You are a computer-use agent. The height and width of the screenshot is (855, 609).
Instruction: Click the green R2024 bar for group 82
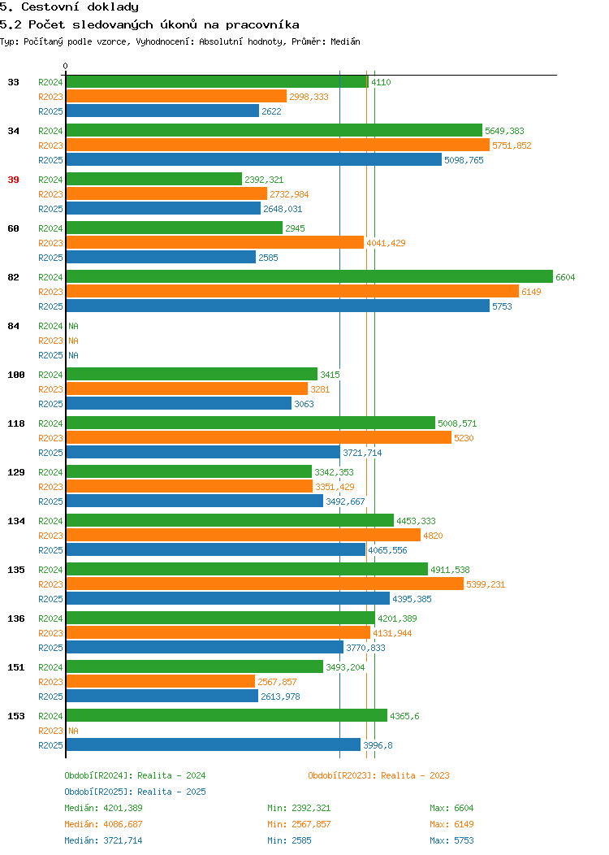pos(309,276)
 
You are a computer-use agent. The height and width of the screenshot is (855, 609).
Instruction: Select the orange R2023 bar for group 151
pos(161,681)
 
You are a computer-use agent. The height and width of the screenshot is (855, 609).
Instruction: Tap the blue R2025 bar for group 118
pos(203,452)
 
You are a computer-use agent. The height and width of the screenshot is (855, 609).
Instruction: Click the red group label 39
pos(14,180)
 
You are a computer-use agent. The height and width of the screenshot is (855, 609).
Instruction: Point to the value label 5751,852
pos(512,145)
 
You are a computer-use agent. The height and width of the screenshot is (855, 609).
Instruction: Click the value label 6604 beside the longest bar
pos(565,277)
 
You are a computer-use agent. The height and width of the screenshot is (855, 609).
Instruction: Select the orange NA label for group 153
pos(74,731)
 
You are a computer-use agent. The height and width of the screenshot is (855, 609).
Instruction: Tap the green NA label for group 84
pos(74,326)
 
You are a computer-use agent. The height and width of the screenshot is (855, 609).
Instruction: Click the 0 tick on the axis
pos(66,66)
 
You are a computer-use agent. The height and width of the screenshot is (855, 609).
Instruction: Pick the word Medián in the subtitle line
pos(345,41)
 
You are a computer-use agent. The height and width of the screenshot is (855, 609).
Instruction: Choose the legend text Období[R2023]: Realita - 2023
pos(378,775)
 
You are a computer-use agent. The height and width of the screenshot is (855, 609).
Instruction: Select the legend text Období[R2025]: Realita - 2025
pos(135,792)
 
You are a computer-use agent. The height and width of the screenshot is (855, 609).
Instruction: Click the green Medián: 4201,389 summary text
pos(103,808)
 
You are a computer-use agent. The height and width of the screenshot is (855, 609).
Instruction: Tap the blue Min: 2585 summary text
pos(289,840)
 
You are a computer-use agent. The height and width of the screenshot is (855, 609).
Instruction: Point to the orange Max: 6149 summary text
pos(451,824)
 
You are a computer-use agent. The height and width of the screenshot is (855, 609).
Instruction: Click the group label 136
pos(16,618)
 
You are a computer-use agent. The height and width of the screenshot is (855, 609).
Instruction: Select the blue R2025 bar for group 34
pos(254,159)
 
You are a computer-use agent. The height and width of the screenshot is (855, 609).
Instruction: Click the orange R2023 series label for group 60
pos(50,243)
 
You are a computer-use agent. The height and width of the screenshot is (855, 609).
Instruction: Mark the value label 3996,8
pos(378,745)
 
